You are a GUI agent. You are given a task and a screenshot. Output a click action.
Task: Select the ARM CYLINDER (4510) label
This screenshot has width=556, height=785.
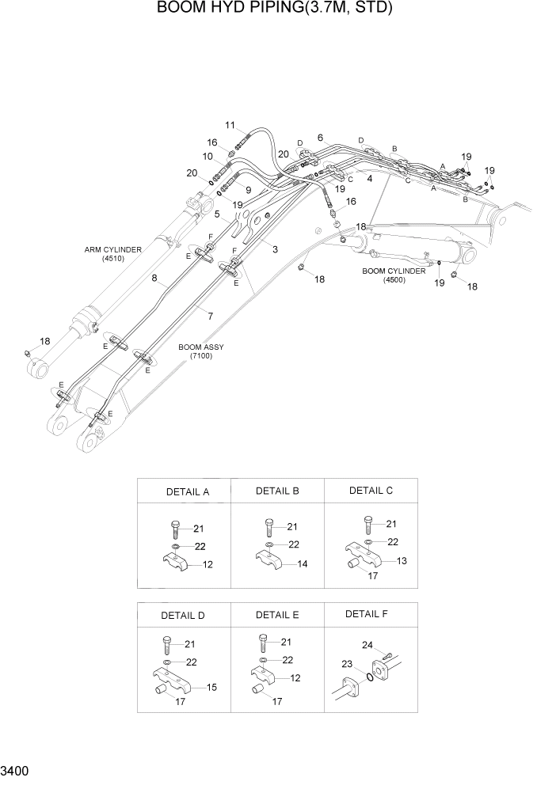(x=113, y=254)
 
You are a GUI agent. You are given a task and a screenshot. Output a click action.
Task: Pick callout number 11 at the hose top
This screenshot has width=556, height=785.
(x=230, y=125)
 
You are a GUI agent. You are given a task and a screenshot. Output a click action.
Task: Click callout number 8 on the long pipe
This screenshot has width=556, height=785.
(x=156, y=278)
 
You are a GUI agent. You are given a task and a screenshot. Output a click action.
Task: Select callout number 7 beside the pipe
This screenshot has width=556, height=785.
(x=210, y=317)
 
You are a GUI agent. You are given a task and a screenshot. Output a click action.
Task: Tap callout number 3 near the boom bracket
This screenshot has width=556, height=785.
(x=275, y=250)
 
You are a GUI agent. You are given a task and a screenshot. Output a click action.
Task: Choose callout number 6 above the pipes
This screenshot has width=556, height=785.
(x=320, y=138)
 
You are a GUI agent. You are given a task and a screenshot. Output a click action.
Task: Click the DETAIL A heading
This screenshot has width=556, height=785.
(x=187, y=491)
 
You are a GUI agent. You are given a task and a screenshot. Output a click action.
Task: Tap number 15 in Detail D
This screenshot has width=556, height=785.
(x=212, y=687)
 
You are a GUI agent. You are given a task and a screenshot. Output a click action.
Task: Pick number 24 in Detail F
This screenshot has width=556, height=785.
(x=367, y=645)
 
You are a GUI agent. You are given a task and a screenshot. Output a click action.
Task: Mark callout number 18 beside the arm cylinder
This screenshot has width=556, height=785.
(x=44, y=341)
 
